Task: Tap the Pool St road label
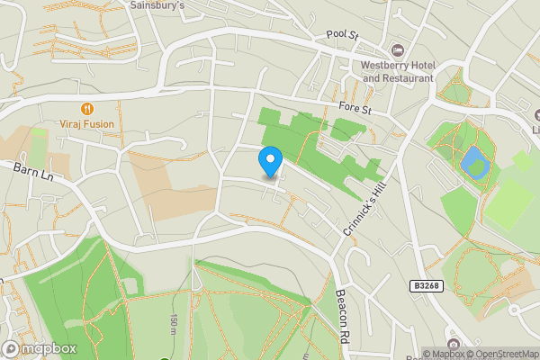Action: tap(342, 36)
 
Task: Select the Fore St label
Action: tap(355, 107)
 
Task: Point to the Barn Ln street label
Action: tap(34, 171)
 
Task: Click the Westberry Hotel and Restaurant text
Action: tap(397, 71)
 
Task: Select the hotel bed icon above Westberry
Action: tap(397, 49)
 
